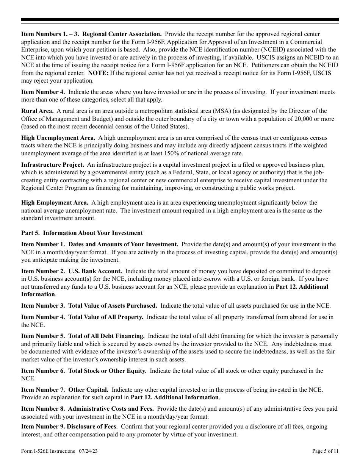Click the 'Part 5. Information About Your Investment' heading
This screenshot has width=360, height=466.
click(82, 233)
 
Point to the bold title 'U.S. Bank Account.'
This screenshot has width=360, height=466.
click(95, 271)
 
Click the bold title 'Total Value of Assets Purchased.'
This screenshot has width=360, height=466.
click(113, 306)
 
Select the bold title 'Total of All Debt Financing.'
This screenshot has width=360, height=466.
click(106, 336)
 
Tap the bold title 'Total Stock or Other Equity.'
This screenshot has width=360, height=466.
click(107, 371)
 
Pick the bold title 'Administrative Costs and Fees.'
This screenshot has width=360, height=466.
click(111, 409)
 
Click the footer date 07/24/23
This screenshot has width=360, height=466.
click(91, 451)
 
